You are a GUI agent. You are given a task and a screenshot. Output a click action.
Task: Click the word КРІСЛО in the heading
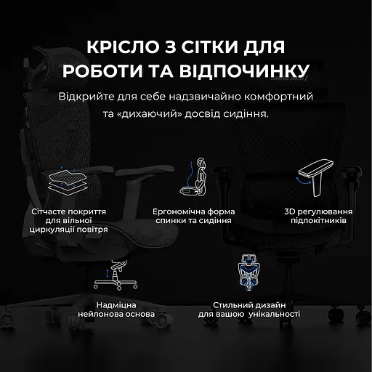tap(118, 49)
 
